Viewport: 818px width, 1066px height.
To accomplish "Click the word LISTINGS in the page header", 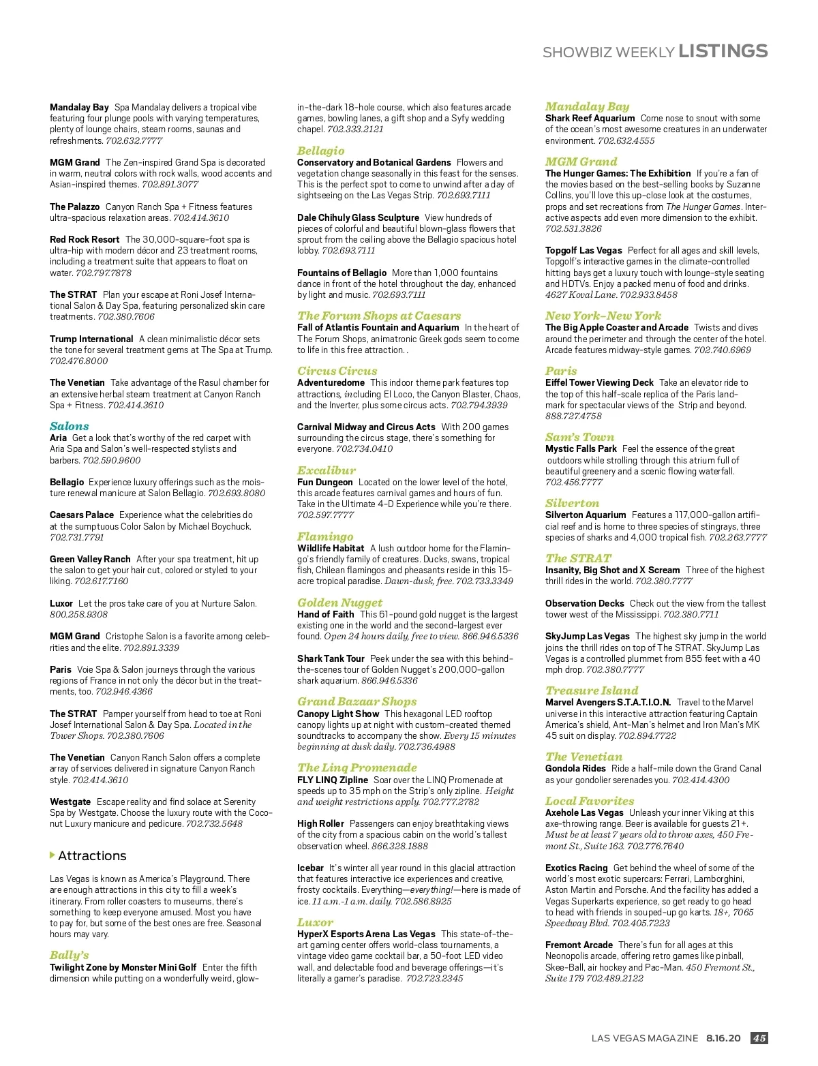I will (723, 51).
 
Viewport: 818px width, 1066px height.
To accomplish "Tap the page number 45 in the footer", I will (759, 1038).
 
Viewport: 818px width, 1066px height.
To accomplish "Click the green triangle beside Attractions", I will (52, 855).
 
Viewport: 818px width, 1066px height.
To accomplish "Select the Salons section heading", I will (70, 426).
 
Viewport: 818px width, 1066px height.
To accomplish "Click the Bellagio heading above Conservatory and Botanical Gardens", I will (320, 151).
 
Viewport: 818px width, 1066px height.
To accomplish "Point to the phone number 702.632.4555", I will (626, 140).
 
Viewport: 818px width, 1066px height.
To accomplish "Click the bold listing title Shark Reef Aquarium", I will (590, 118).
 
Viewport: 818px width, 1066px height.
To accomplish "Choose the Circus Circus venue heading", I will (337, 371).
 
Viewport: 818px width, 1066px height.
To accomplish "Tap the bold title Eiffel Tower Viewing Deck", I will (599, 382).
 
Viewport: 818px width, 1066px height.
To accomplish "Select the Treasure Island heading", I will (592, 690).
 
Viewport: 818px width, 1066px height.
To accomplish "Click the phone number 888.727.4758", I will (573, 416).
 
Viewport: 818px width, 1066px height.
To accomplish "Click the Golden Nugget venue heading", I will (339, 603).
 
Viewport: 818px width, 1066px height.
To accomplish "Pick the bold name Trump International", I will (91, 339).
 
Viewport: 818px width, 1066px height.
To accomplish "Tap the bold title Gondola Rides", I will (575, 768).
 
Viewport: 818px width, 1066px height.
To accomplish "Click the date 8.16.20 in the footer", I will (723, 1038).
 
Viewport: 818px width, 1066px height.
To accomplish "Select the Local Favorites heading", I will (589, 801).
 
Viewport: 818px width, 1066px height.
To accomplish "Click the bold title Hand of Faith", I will (325, 614).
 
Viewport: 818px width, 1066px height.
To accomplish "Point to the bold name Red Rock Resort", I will (85, 239).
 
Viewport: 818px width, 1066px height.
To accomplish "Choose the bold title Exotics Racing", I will (576, 868).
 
